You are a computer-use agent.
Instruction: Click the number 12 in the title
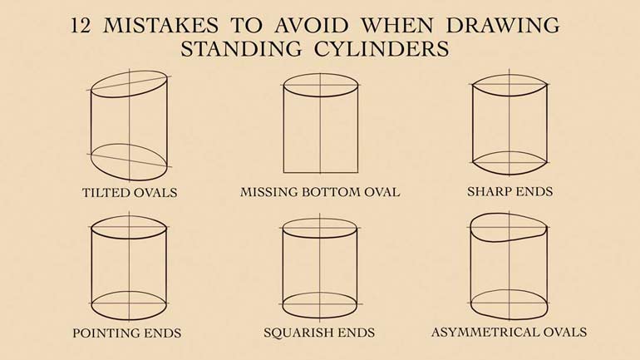coord(81,26)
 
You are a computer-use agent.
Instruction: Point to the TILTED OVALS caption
coord(129,192)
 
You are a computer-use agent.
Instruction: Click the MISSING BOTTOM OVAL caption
coord(320,192)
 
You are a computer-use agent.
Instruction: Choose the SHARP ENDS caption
coord(510,191)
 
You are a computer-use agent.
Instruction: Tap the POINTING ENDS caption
coord(128,333)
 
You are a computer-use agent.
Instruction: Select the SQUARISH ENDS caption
coord(320,333)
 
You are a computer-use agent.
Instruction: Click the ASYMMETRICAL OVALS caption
coord(509,333)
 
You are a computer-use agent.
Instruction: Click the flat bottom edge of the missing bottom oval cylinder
coord(320,172)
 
